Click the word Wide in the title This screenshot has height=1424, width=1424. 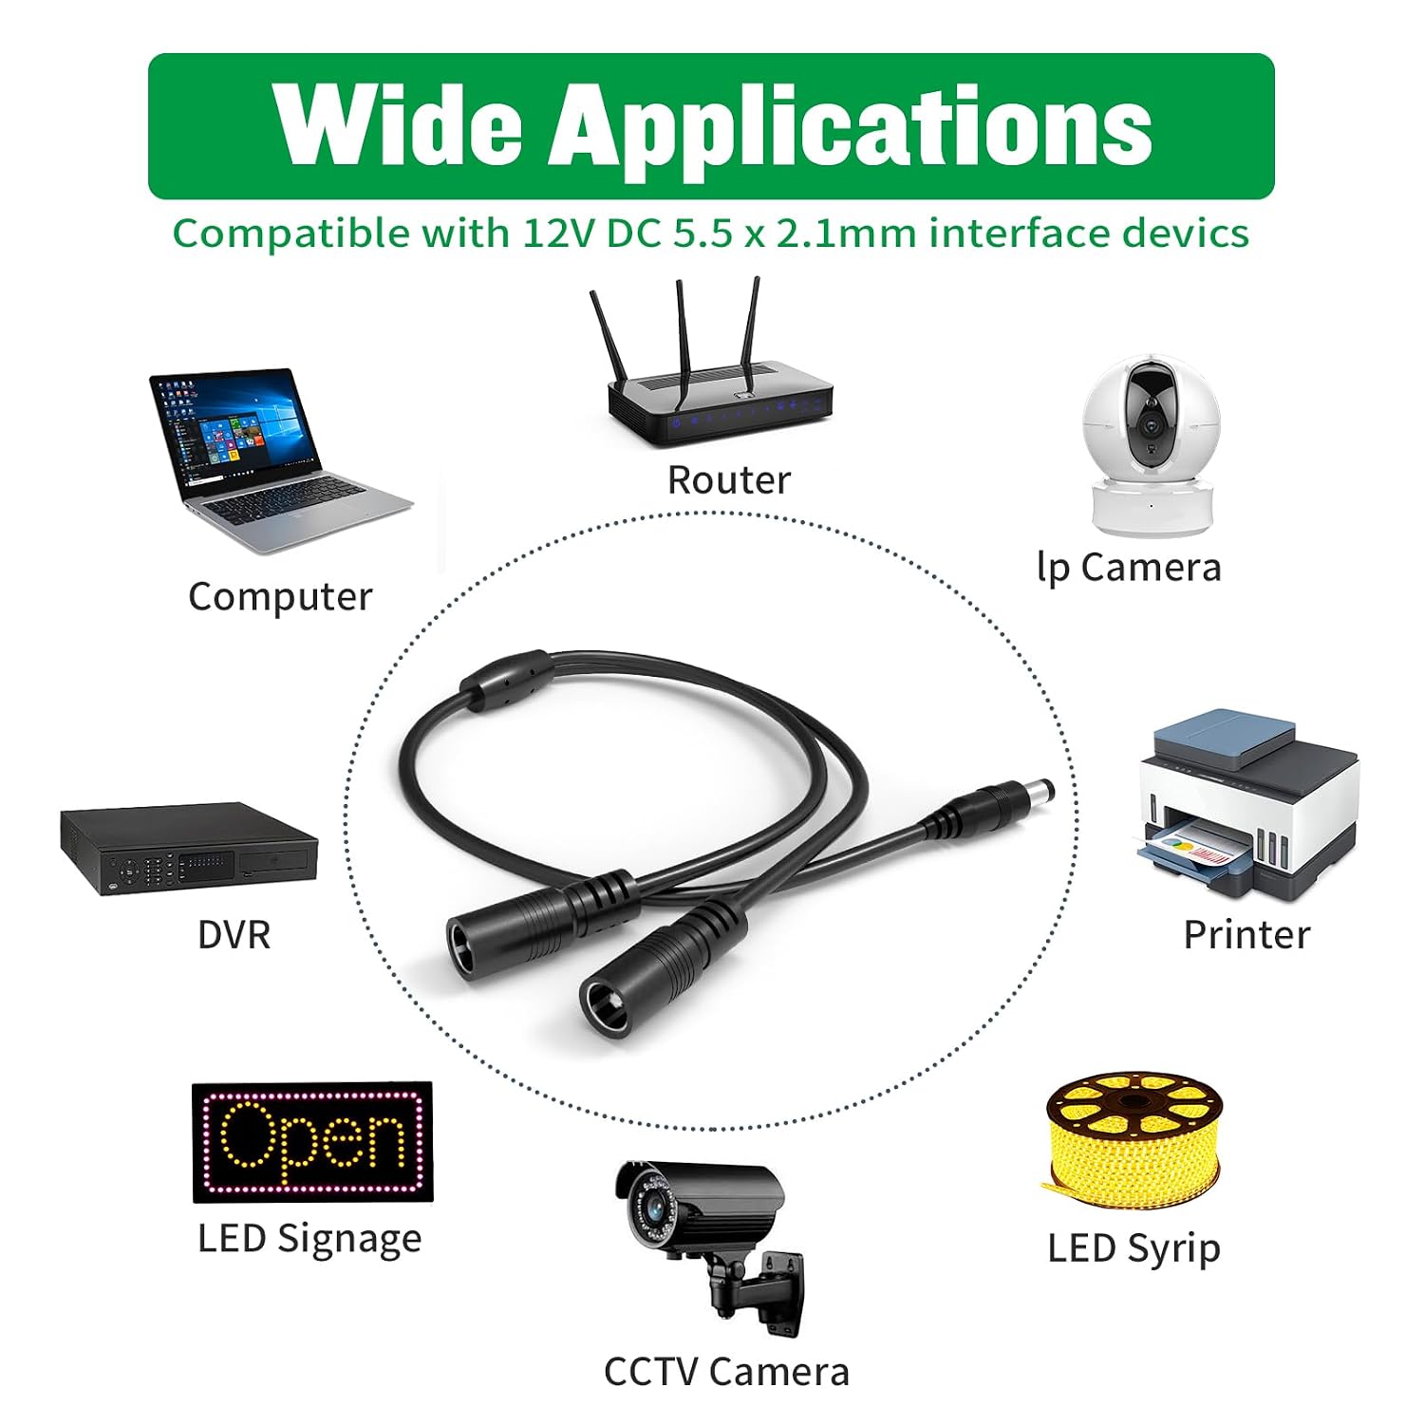click(x=398, y=125)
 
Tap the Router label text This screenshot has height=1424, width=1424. click(x=729, y=480)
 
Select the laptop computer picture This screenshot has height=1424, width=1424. click(x=279, y=460)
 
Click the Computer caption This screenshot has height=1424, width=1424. click(x=280, y=597)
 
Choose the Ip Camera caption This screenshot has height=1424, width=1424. click(x=1129, y=568)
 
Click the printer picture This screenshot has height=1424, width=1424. click(x=1248, y=804)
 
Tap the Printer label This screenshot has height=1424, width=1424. click(x=1246, y=935)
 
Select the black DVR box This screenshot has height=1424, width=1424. click(x=189, y=849)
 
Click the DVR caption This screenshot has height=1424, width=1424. click(x=234, y=935)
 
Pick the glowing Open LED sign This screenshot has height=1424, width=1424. click(x=312, y=1142)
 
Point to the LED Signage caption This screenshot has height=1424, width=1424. click(x=309, y=1240)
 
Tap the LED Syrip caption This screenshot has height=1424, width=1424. click(x=1134, y=1249)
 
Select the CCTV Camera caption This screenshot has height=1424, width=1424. click(x=726, y=1373)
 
